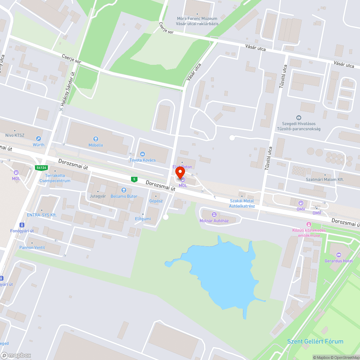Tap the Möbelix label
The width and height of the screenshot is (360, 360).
[96, 145]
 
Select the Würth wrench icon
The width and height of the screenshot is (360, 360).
[39, 139]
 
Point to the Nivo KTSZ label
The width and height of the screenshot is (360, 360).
[15, 135]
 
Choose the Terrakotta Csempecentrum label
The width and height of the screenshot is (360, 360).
[55, 178]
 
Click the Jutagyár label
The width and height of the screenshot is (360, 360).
[98, 196]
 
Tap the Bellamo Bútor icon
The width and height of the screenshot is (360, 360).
[124, 190]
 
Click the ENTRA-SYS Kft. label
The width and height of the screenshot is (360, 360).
[42, 215]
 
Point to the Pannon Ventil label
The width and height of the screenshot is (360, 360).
[41, 247]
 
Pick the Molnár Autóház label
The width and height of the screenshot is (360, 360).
[214, 221]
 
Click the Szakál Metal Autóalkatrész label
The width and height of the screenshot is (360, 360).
[242, 203]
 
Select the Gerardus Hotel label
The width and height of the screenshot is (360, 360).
[338, 261]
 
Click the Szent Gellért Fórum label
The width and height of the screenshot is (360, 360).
[315, 341]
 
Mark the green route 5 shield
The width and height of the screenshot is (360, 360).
[134, 179]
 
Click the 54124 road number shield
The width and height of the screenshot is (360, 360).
[41, 168]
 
